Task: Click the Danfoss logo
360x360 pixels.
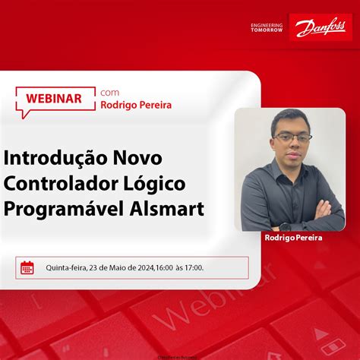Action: (320, 29)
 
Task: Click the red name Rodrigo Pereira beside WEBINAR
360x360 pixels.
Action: (136, 106)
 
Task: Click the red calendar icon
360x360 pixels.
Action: (27, 267)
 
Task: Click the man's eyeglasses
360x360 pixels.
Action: (292, 138)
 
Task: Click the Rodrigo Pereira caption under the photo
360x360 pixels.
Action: (293, 238)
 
